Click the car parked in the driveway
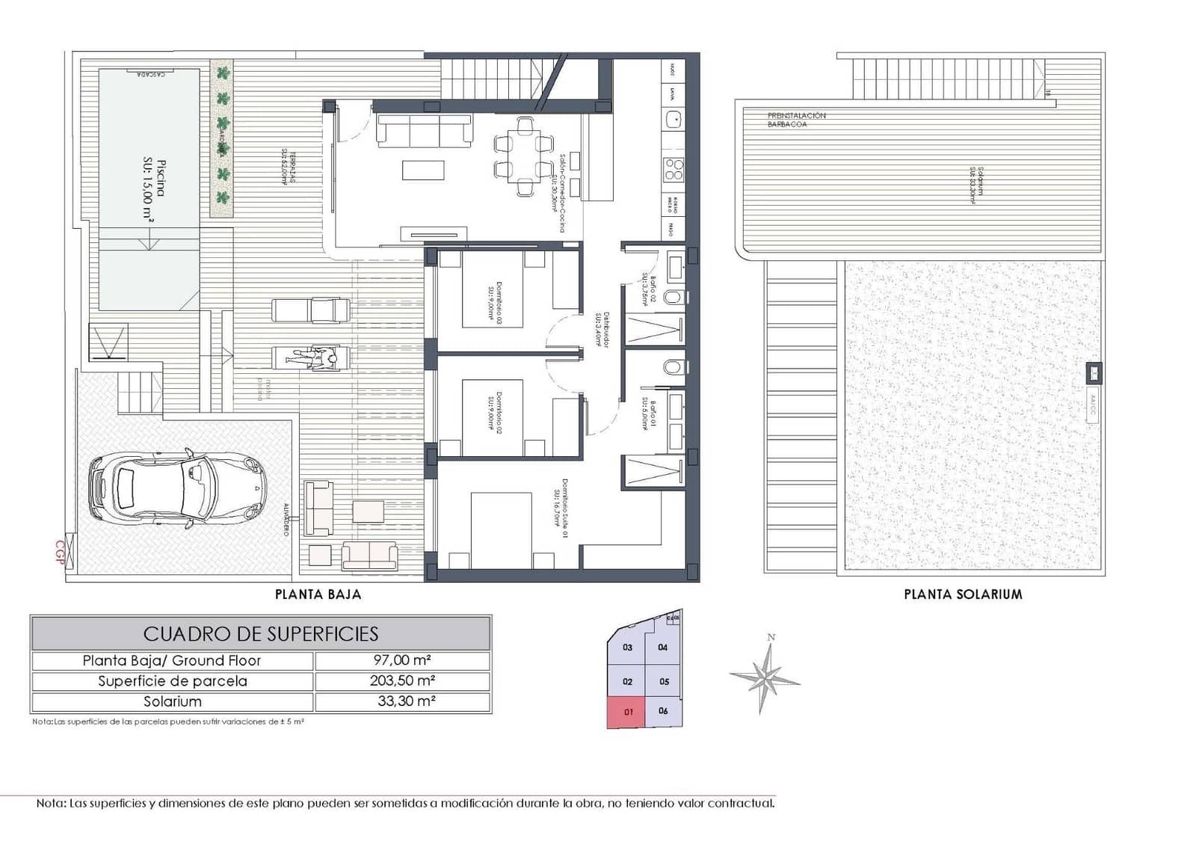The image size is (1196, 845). (x=176, y=490)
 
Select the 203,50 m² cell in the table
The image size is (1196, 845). (x=402, y=680)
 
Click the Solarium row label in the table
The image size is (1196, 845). (x=173, y=701)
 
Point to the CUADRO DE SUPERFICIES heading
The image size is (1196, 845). (x=261, y=634)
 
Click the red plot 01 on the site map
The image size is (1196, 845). (x=626, y=711)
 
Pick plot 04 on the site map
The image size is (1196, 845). (x=663, y=648)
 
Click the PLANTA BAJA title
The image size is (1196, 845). (x=318, y=594)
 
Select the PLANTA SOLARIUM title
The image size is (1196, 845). (x=963, y=594)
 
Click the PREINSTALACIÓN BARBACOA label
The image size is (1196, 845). (x=796, y=120)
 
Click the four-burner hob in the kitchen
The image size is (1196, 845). (x=673, y=170)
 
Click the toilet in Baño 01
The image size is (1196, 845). (x=673, y=367)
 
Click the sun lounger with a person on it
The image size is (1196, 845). (x=310, y=358)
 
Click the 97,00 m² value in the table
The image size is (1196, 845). (x=402, y=660)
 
